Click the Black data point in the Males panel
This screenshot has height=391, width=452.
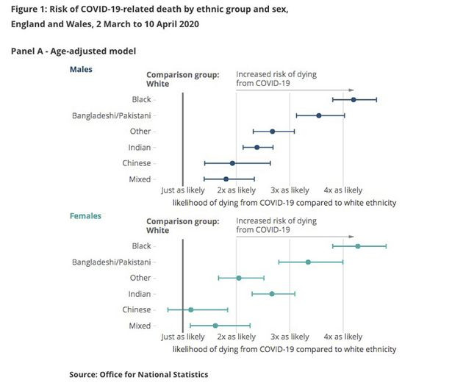pos(354,99)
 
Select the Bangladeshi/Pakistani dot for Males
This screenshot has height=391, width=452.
pos(318,115)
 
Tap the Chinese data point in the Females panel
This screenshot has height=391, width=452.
pos(190,309)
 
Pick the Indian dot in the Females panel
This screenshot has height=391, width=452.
pos(272,293)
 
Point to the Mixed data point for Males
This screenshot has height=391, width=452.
pos(226,179)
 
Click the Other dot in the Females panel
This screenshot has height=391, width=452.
pos(239,278)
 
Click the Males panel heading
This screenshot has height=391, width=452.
pos(82,69)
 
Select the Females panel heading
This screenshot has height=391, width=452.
pos(86,216)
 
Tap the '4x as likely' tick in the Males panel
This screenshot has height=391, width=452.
pos(342,190)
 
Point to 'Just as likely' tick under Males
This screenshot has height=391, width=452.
pos(182,190)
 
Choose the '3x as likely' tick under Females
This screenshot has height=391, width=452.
pos(289,337)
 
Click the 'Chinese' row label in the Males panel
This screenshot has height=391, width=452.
pos(137,163)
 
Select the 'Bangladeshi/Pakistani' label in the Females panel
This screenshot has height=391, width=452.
pos(112,262)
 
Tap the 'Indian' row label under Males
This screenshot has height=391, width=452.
pos(139,147)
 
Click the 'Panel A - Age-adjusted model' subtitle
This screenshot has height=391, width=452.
pos(73,51)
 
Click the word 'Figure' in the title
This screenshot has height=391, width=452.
pos(25,8)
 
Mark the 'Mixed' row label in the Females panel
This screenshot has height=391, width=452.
pos(140,326)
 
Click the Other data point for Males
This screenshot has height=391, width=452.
pos(272,132)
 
